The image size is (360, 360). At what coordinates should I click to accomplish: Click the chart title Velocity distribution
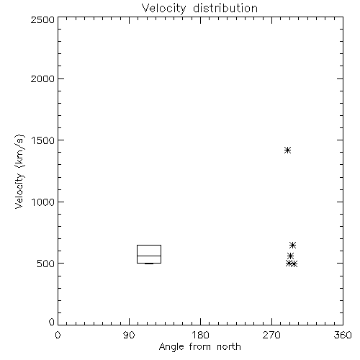[x=199, y=9]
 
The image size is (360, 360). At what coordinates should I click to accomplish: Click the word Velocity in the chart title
[x=163, y=9]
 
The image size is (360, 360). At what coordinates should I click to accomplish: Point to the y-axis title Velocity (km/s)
[x=19, y=171]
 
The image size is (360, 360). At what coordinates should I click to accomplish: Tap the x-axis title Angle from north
[x=199, y=346]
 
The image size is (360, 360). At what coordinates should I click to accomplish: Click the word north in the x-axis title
[x=229, y=346]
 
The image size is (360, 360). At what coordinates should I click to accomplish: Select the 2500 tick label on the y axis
[x=42, y=19]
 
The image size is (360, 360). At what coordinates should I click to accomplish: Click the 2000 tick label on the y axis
[x=42, y=78]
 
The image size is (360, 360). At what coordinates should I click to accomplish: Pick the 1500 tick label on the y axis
[x=43, y=140]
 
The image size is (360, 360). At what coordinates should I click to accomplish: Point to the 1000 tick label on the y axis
[x=43, y=202]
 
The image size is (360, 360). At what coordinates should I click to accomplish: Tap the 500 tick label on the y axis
[x=46, y=264]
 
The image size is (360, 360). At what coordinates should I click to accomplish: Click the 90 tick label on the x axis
[x=129, y=335]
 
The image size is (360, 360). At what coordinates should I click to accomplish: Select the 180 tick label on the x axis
[x=200, y=335]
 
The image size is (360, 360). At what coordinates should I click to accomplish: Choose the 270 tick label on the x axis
[x=271, y=335]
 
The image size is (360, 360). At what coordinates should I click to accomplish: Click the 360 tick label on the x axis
[x=343, y=335]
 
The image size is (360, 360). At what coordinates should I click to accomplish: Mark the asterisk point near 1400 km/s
[x=287, y=150]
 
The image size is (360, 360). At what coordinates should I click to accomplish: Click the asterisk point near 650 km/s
[x=292, y=245]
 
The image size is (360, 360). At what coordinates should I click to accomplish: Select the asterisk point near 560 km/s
[x=291, y=256]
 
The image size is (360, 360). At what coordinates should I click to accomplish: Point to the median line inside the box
[x=149, y=256]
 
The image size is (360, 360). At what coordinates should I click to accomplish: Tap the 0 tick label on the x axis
[x=58, y=335]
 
